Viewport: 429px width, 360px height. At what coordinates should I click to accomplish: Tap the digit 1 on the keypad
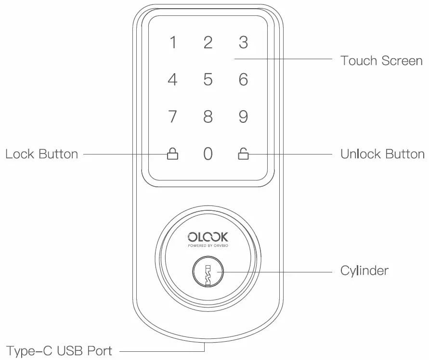tap(173, 43)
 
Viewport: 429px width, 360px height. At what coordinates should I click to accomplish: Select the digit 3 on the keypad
tap(244, 42)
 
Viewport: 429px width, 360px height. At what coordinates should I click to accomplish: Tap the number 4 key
tap(172, 79)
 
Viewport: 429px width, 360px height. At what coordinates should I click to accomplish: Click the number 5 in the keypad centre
tap(208, 79)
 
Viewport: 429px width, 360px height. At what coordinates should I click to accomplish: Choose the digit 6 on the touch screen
tap(244, 79)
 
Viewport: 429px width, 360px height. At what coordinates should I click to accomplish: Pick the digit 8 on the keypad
tap(208, 117)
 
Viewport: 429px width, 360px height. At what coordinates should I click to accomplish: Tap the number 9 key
tap(244, 117)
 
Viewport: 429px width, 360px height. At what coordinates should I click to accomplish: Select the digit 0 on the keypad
tap(208, 154)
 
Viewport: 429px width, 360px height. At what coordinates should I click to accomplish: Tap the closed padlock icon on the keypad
tap(172, 154)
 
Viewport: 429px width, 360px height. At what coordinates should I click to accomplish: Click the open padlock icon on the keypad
tap(244, 154)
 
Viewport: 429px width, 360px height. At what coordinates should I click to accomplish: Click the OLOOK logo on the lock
tap(208, 237)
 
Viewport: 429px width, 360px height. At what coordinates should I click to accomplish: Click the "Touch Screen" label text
tap(381, 61)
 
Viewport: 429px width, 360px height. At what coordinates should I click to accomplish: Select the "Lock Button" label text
tap(41, 154)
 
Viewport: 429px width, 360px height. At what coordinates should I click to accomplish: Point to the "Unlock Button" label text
tap(382, 154)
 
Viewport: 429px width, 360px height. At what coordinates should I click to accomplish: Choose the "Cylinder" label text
tap(364, 271)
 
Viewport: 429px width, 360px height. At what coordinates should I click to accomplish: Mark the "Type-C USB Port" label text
tap(59, 350)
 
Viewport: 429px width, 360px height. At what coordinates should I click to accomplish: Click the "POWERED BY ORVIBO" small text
tap(208, 245)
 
